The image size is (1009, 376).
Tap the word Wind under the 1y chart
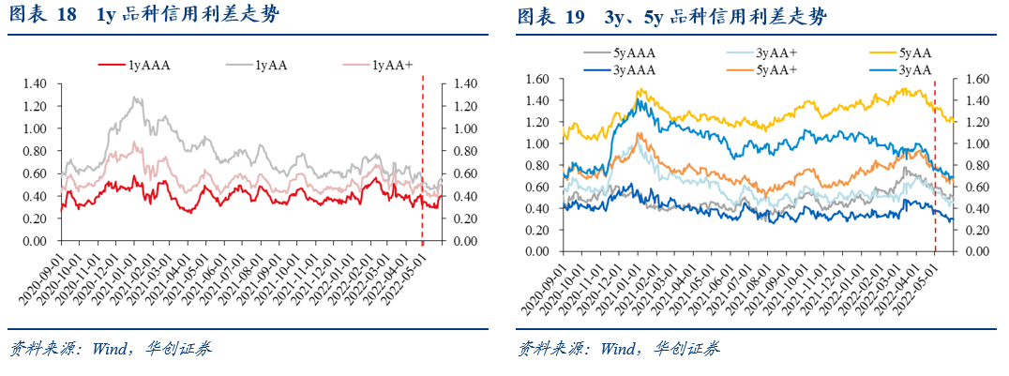(x=111, y=349)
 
